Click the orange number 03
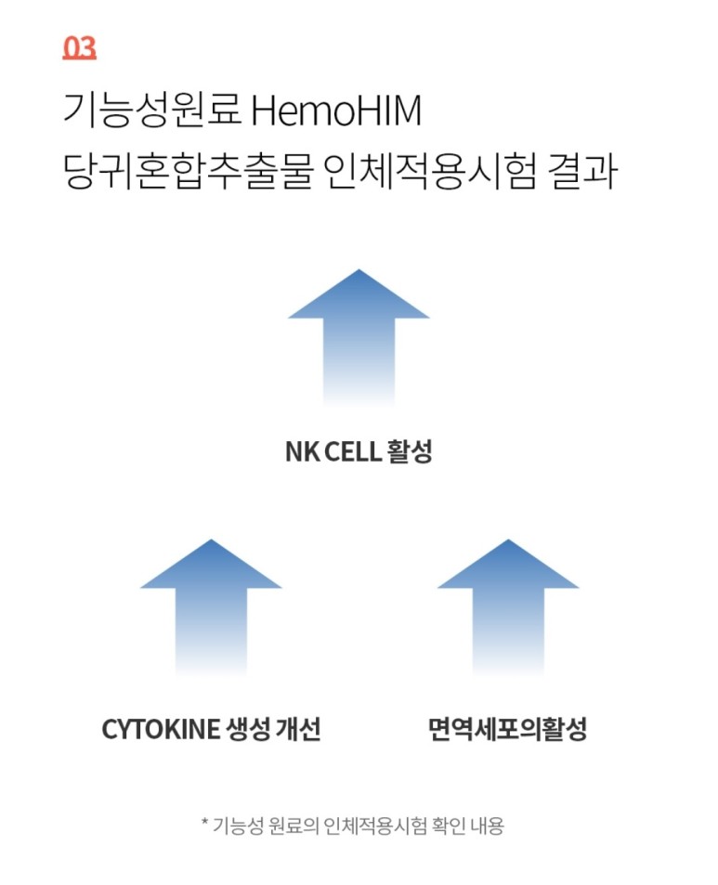click(79, 47)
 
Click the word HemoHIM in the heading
click(336, 111)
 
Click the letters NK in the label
click(302, 453)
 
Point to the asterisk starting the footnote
click(205, 822)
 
